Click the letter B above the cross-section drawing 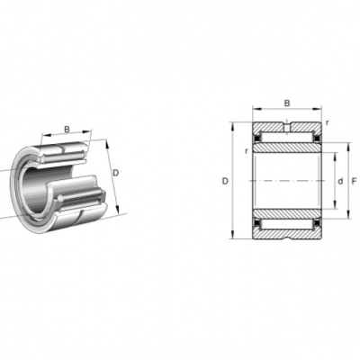(287, 103)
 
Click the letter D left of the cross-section (225, 181)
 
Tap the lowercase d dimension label (340, 181)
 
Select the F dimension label (354, 181)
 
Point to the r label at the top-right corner (328, 122)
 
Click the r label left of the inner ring (247, 151)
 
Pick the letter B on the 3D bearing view (67, 130)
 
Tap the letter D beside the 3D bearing (115, 173)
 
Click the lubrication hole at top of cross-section (287, 127)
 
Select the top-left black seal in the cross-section (256, 139)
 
